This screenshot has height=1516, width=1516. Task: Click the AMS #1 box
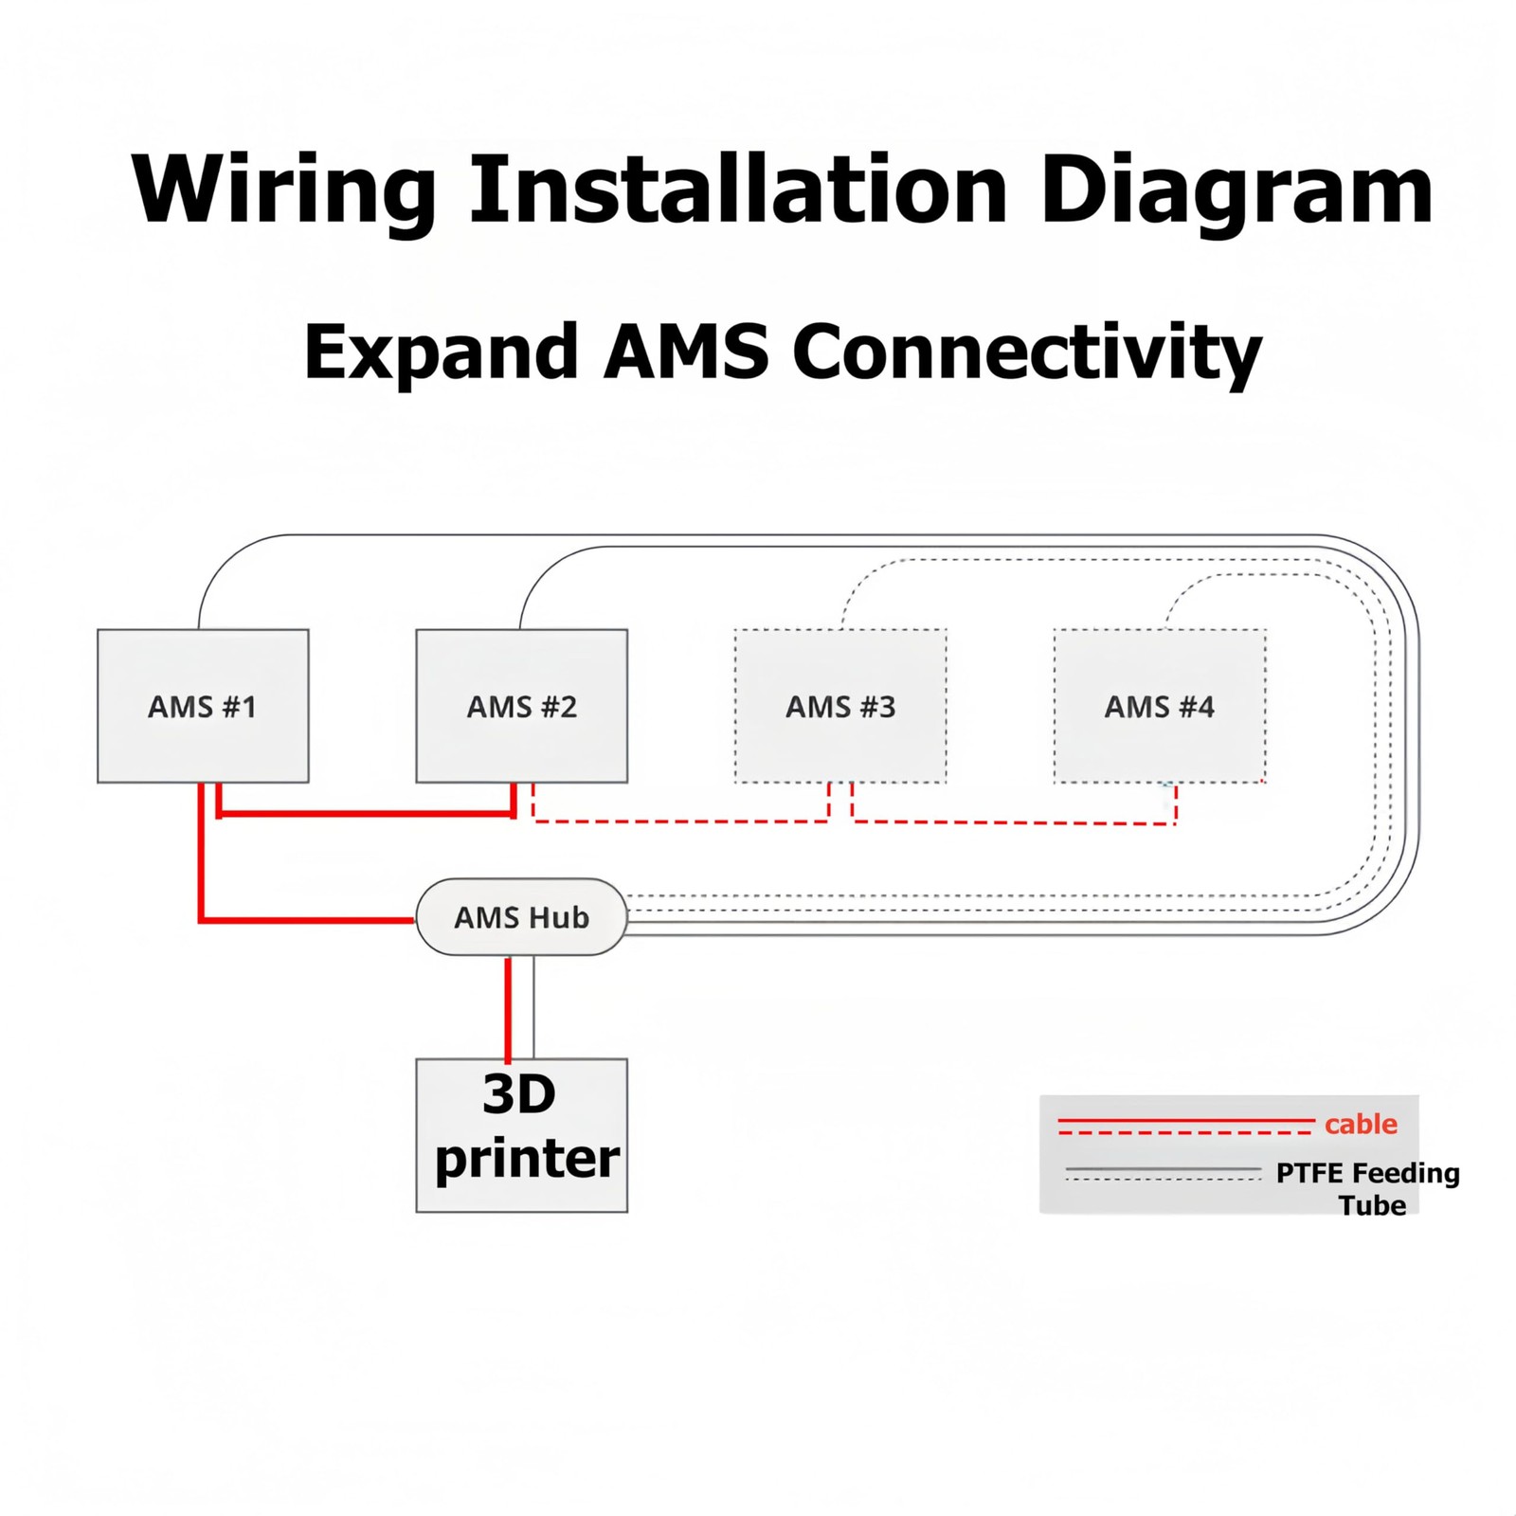pyautogui.click(x=203, y=706)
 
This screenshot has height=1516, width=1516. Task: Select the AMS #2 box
pyautogui.click(x=522, y=706)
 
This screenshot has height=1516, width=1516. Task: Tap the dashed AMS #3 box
pyautogui.click(x=840, y=706)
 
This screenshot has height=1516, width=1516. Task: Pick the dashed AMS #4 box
pyautogui.click(x=1160, y=706)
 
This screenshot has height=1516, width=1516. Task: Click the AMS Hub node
pyautogui.click(x=522, y=917)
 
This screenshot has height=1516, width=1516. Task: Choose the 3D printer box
pyautogui.click(x=522, y=1135)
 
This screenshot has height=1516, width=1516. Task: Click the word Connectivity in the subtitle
pyautogui.click(x=1027, y=353)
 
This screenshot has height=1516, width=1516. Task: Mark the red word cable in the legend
pyautogui.click(x=1361, y=1124)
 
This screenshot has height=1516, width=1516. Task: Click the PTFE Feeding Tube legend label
pyautogui.click(x=1368, y=1189)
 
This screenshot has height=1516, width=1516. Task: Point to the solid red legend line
pyautogui.click(x=1186, y=1121)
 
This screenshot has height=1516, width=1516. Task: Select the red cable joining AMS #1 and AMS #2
pyautogui.click(x=366, y=814)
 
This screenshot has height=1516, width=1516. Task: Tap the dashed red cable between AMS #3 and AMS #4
pyautogui.click(x=1014, y=823)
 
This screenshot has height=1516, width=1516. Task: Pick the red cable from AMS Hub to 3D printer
pyautogui.click(x=508, y=1008)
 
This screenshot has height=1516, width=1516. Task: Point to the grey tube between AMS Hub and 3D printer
pyautogui.click(x=533, y=1006)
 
